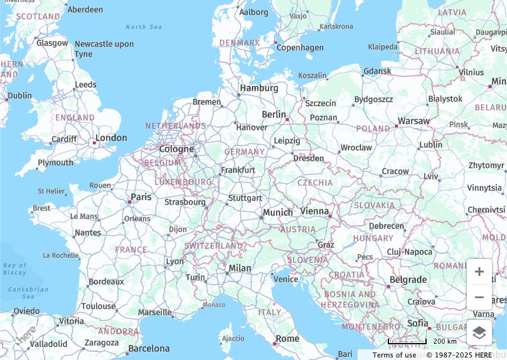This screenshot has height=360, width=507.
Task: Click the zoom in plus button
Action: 479,272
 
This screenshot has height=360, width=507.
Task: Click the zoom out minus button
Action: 479,297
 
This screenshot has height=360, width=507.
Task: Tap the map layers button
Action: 479,332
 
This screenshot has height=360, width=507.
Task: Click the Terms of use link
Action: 394,355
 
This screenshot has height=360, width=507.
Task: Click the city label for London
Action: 111,138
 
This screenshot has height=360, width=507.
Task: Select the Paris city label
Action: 141,197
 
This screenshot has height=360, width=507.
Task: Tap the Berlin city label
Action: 274,114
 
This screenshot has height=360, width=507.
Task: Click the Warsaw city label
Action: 414,120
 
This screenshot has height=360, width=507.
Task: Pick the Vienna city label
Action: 314,211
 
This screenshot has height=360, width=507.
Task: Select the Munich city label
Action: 278,213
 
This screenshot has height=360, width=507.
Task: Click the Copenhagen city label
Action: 300,48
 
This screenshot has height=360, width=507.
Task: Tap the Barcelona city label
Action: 149,348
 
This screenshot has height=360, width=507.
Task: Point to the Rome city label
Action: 288,339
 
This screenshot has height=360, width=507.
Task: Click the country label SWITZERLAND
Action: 213,246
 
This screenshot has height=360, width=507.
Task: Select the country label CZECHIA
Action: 315,183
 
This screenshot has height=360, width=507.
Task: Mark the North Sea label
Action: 144,27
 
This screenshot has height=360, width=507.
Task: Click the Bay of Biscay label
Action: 14,268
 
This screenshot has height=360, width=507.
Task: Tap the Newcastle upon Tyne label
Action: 104,48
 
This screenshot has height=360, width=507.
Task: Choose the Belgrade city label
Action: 408,280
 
